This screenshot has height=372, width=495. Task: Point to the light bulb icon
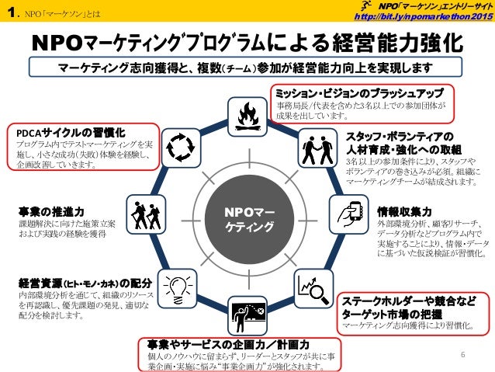tap(176, 283)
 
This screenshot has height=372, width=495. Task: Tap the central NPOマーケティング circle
tap(248, 217)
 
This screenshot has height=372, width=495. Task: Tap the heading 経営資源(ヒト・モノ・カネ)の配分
tap(78, 281)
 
